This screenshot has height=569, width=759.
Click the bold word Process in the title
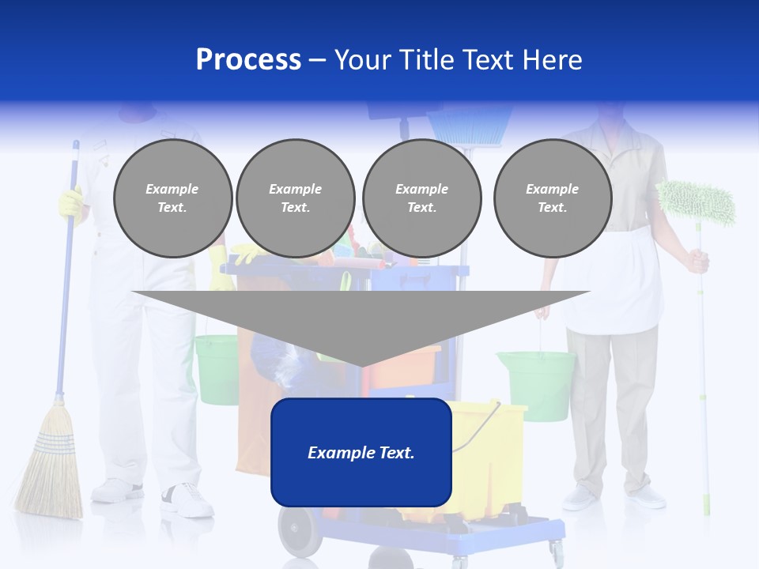point(248,60)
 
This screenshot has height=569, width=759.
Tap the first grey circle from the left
point(172,198)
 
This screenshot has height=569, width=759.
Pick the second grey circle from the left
point(295,198)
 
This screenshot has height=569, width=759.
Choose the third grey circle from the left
point(421,198)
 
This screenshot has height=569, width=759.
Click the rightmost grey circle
point(552,198)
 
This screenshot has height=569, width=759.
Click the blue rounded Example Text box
point(361,453)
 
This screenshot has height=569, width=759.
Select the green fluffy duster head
point(696,201)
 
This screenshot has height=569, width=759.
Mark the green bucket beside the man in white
point(216,367)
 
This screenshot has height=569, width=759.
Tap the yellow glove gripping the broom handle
point(70,202)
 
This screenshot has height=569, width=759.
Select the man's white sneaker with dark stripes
point(187,499)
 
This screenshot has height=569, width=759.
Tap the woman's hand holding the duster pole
point(697,260)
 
